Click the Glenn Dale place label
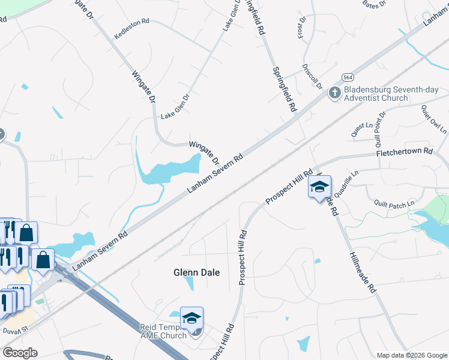pos(196,272)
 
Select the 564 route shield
pos(348,77)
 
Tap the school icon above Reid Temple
pos(192,318)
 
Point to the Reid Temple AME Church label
pos(163,331)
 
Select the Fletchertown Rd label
pos(404,153)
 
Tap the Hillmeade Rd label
pos(363,273)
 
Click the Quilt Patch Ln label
pos(394,204)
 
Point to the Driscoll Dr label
pos(313,76)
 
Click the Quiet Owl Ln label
pos(433,119)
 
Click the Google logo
pos(20,353)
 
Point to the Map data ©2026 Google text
pos(412,355)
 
